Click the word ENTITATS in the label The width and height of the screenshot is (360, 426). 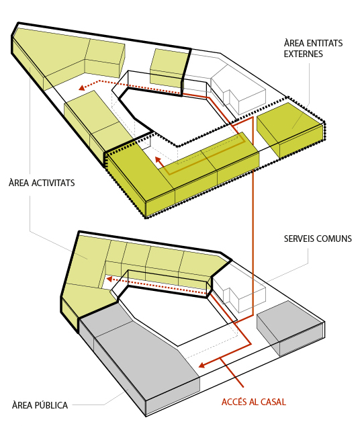[x=324, y=43]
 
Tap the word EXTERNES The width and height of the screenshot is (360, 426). [x=304, y=54]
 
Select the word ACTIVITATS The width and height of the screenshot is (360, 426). [x=53, y=183]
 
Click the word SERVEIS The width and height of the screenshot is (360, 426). [x=299, y=239]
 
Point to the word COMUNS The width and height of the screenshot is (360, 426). [x=334, y=239]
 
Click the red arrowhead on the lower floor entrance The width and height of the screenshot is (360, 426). [x=201, y=365]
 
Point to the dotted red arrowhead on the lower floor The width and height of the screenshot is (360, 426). [x=109, y=279]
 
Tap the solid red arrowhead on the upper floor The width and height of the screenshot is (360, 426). [x=157, y=160]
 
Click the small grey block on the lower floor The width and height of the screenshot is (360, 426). [x=291, y=329]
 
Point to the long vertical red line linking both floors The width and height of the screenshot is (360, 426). [x=253, y=217]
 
